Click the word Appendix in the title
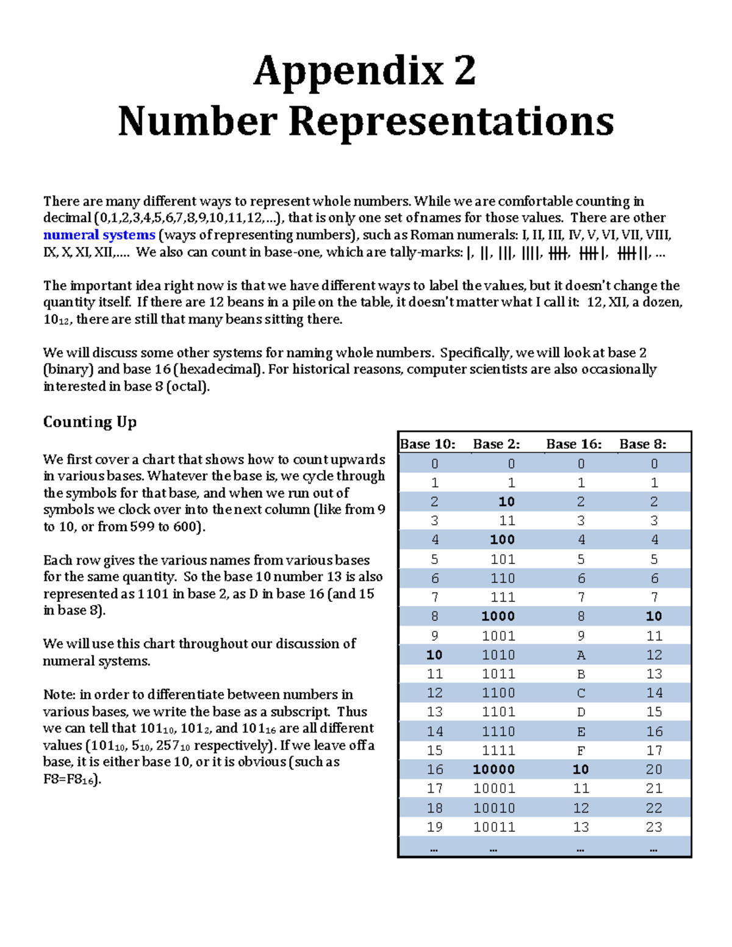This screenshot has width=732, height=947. coord(348,71)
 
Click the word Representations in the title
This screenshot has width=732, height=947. coord(451,121)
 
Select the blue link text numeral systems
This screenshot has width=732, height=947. coord(99,235)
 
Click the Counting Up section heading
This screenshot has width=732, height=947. coord(90,422)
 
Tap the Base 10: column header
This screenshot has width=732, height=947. coord(428,444)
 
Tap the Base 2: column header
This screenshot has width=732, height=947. coord(497,444)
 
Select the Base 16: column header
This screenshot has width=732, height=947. coord(574,444)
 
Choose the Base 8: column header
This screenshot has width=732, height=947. coord(643,444)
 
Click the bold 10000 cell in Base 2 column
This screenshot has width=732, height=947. coord(494,770)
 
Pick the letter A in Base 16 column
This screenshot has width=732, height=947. coord(581,655)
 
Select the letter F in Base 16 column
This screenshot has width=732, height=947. coord(581,751)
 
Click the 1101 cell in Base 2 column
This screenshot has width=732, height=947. coord(498,712)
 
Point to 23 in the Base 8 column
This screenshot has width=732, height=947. coord(654,827)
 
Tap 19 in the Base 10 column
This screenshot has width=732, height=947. coord(434,827)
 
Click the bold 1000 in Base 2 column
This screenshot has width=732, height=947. coord(498,616)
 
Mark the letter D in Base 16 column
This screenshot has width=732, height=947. coord(581,712)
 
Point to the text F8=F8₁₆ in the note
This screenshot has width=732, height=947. coord(70,779)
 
